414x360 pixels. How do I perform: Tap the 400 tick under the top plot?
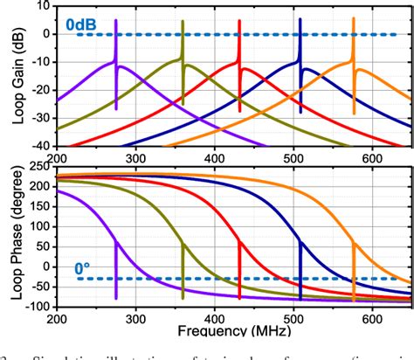click(215, 157)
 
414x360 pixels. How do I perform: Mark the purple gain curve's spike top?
click(116, 19)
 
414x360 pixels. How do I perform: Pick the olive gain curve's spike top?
click(182, 19)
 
